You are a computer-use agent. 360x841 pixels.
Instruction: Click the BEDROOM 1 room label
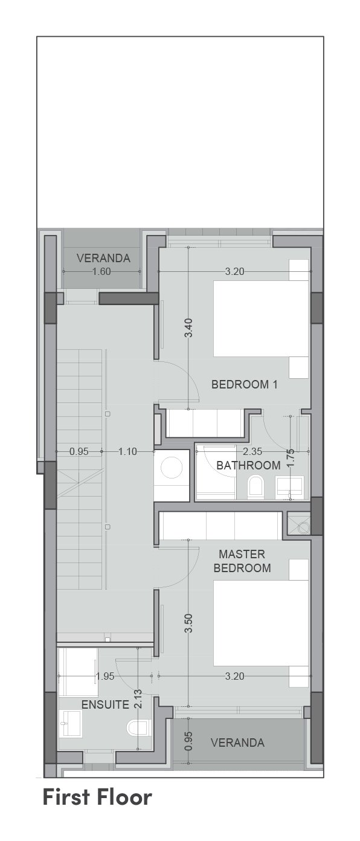(x=245, y=384)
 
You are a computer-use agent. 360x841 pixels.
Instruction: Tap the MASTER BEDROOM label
(x=242, y=561)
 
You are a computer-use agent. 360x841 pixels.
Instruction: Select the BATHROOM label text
(x=248, y=465)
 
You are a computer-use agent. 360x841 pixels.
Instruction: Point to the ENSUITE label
(x=105, y=704)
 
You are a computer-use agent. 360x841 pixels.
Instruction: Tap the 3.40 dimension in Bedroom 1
(x=189, y=327)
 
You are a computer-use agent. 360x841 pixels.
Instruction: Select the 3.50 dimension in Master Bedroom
(x=189, y=623)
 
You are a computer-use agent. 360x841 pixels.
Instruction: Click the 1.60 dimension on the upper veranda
(x=101, y=271)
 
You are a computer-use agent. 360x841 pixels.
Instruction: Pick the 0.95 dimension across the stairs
(x=79, y=451)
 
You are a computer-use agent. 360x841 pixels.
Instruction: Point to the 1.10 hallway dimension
(x=127, y=451)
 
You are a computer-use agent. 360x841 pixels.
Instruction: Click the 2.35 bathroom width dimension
(x=252, y=451)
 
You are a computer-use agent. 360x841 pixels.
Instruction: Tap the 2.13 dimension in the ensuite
(x=138, y=698)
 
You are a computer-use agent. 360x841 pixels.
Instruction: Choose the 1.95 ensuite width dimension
(x=104, y=676)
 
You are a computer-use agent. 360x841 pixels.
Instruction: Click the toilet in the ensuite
(x=138, y=727)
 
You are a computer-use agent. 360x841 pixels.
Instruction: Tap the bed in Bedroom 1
(x=261, y=318)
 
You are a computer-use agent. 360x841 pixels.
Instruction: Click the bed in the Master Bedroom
(x=261, y=623)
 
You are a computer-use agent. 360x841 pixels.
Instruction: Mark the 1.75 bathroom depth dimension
(x=290, y=458)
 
